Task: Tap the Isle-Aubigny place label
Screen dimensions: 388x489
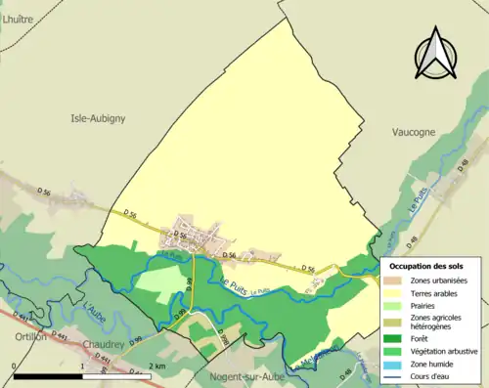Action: pyautogui.click(x=98, y=118)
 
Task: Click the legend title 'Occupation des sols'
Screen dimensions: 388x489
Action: pyautogui.click(x=427, y=265)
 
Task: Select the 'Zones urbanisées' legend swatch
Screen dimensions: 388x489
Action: pyautogui.click(x=394, y=280)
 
